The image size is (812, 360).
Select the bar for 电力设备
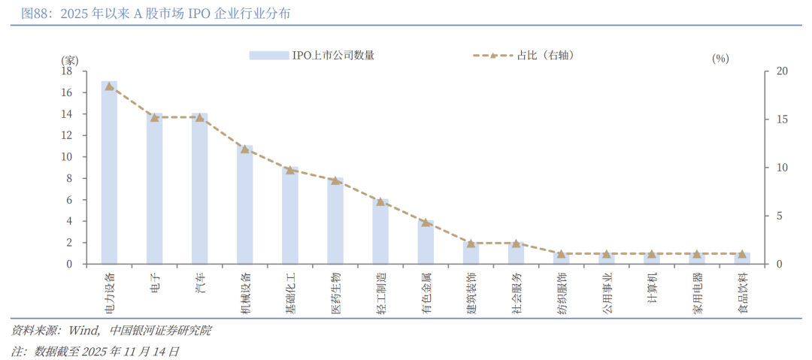coord(109,173)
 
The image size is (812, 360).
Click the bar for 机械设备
coord(245,205)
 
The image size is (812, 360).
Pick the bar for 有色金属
coord(426,242)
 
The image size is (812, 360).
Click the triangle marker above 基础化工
coord(290,170)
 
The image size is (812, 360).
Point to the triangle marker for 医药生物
coord(335,180)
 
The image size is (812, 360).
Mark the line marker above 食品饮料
coord(742,254)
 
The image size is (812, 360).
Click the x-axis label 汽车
coord(198,283)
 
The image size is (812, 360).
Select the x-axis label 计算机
coord(652,286)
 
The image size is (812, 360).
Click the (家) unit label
coord(69,59)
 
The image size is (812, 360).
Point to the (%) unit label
coord(720,59)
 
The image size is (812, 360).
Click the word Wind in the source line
coord(83,331)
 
